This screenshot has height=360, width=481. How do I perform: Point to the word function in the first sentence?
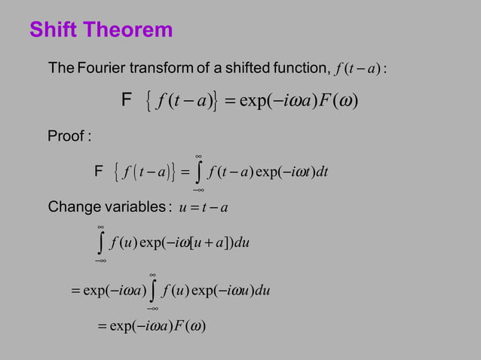click(298, 69)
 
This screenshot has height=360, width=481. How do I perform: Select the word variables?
click(131, 206)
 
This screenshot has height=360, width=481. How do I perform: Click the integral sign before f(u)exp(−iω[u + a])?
click(100, 243)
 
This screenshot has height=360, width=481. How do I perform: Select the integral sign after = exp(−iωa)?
click(152, 289)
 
